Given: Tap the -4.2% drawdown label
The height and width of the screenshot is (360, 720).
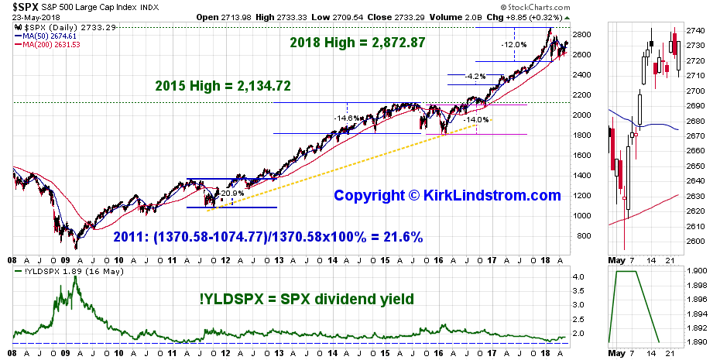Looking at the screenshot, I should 475,77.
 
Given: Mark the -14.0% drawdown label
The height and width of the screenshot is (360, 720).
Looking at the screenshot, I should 476,120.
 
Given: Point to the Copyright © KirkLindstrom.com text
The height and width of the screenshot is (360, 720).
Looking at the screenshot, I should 447,196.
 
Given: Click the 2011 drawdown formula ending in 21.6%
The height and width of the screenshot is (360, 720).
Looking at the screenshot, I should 269,237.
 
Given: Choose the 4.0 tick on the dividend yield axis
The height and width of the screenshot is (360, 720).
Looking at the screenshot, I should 579,276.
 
